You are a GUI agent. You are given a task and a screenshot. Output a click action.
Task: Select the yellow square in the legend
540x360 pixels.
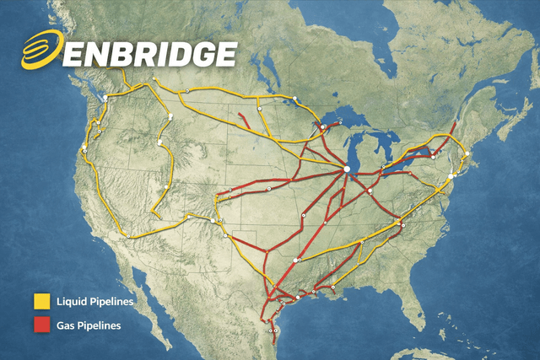pyautogui.click(x=42, y=300)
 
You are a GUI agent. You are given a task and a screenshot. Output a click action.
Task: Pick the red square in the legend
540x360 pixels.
pyautogui.click(x=42, y=324)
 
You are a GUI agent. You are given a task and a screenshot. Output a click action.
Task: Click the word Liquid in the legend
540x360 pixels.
pyautogui.click(x=71, y=300)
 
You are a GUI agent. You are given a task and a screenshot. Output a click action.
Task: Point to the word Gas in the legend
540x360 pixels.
pyautogui.click(x=67, y=324)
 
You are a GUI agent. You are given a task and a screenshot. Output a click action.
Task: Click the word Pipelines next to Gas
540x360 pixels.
pyautogui.click(x=100, y=324)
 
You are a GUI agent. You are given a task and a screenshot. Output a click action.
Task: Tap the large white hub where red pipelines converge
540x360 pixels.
pyautogui.click(x=347, y=169)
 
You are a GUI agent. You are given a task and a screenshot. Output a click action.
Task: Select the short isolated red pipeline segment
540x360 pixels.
pyautogui.click(x=247, y=119)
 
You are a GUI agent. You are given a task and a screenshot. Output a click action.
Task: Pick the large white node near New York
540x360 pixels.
pyautogui.click(x=453, y=175)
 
